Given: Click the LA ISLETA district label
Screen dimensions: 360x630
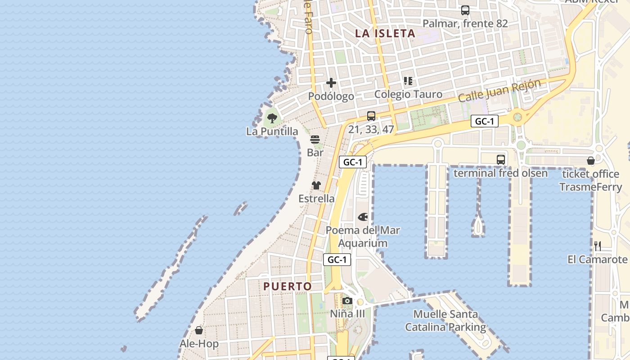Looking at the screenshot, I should coord(385,33).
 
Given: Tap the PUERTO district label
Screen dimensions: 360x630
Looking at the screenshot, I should coord(288,286).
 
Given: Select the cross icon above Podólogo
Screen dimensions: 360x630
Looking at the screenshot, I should coord(331,83).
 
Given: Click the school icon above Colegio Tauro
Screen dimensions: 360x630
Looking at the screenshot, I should coord(408,81).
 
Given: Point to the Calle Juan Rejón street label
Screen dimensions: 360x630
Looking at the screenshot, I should coord(499,90).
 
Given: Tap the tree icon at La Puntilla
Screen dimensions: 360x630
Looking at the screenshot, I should coord(272,118).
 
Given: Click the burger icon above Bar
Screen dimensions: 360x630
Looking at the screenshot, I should coord(315,139).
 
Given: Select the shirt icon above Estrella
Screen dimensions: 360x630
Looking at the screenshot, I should coord(316,185).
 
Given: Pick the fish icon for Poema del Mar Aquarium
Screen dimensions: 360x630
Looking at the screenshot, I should coord(363,217).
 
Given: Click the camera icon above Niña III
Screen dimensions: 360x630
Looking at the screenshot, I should coord(347,301).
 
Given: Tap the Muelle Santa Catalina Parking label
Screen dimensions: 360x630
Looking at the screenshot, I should coord(445,320).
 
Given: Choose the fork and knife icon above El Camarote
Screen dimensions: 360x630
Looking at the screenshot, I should coord(598,246).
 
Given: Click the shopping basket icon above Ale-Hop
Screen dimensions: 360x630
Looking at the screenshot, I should coord(199,331).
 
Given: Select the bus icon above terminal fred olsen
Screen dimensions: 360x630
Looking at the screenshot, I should coord(500,159).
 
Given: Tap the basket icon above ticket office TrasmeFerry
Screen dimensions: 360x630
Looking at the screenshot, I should coord(591,161).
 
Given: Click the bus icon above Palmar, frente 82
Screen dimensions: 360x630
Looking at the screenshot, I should coord(465,10).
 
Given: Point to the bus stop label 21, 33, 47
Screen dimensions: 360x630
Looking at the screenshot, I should coord(371,130).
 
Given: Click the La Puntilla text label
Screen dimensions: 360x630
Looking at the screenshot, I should coord(272,131).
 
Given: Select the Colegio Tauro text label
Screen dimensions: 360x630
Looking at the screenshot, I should coord(408,94).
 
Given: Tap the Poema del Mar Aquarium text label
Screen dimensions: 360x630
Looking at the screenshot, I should coord(363,237).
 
